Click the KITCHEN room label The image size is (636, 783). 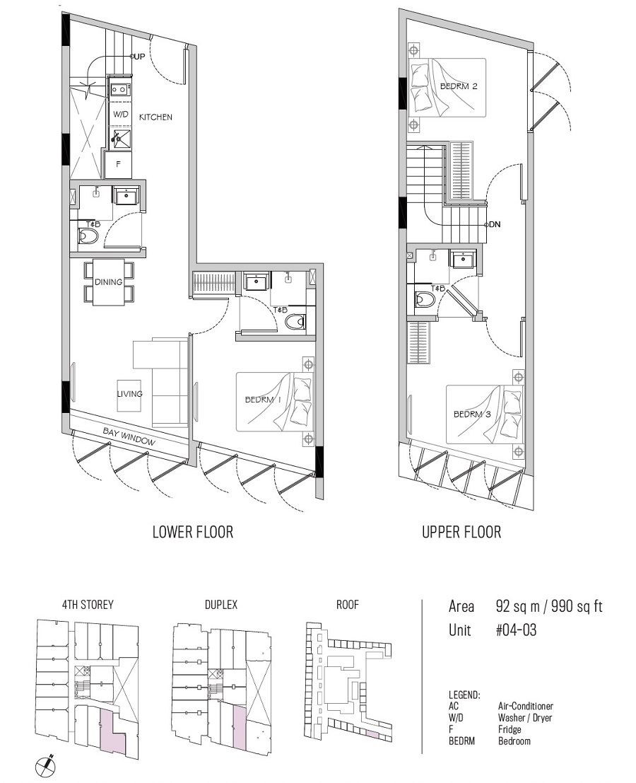point(155,117)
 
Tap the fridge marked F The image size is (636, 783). point(118,164)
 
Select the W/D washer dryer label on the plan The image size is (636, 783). point(120,115)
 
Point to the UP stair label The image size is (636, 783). point(140,57)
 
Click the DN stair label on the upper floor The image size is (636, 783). point(495,224)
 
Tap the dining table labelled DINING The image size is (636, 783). point(108,282)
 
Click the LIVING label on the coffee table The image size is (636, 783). point(130,394)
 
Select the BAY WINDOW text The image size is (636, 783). point(129,436)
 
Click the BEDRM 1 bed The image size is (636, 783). point(275,402)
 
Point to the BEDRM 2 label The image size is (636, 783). point(459,86)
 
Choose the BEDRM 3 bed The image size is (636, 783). point(485,414)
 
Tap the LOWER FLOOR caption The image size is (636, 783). point(193,532)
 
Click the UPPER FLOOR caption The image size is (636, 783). point(461,532)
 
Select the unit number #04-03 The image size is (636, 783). point(517,630)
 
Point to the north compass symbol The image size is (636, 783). point(46,765)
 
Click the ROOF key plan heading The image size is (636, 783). point(347,605)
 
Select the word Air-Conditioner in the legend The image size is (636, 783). point(525,706)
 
